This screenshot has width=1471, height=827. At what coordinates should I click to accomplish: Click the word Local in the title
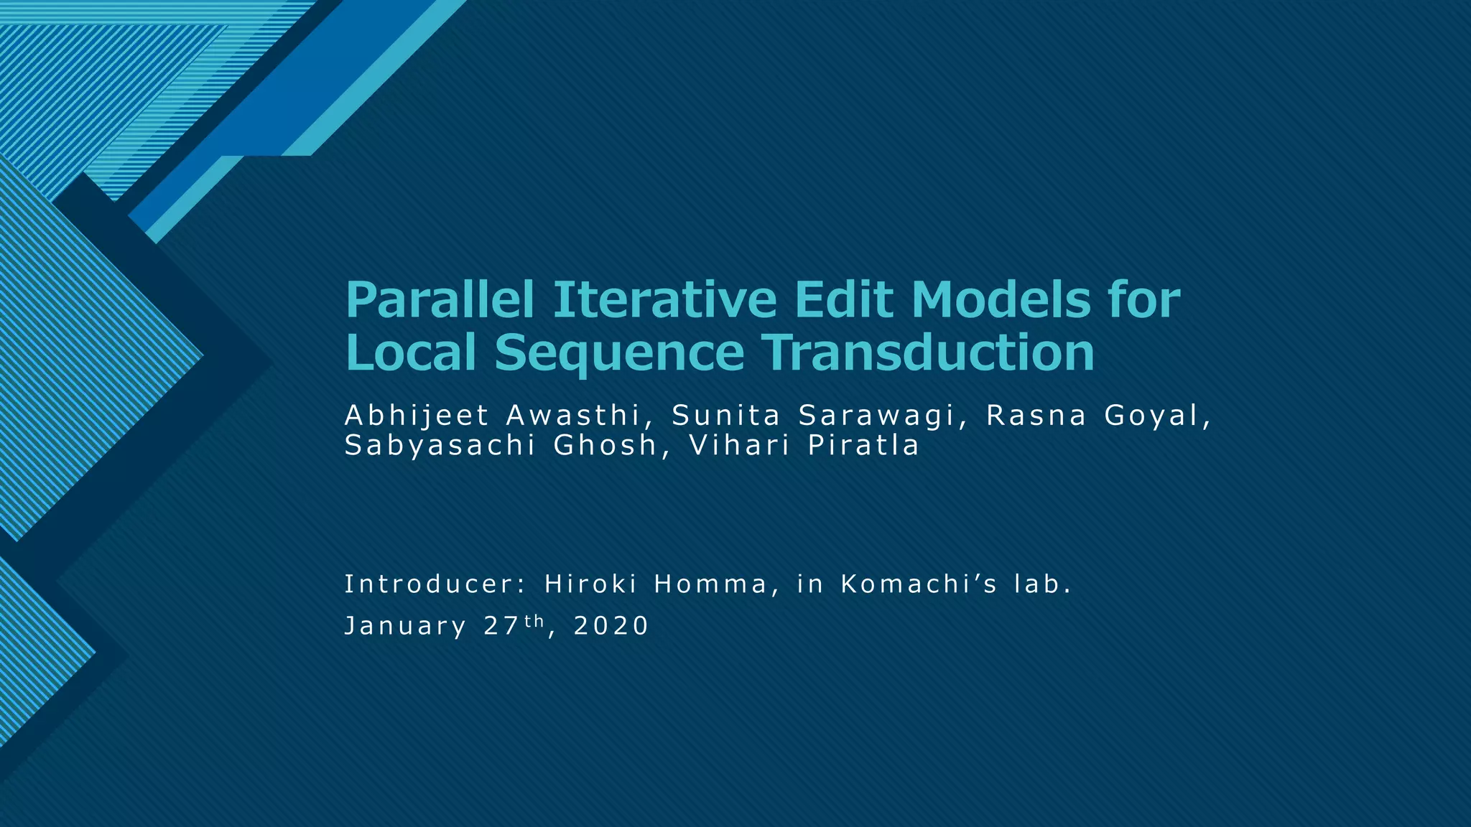point(412,352)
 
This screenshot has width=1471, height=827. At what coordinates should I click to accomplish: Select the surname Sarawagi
point(883,416)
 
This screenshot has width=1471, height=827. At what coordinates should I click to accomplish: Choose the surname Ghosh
point(605,446)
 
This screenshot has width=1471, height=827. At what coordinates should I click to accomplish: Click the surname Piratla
point(863,446)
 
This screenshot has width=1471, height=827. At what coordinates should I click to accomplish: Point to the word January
point(405,627)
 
